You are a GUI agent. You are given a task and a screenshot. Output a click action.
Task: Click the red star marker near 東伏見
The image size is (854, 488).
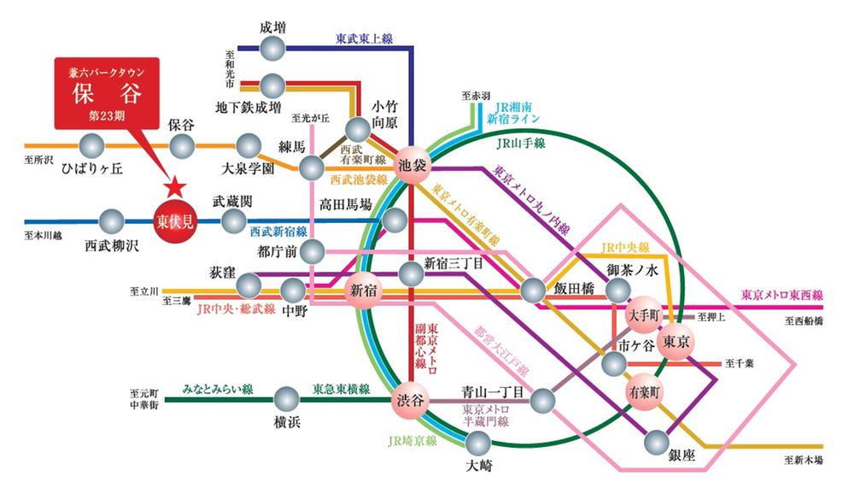[x=175, y=185]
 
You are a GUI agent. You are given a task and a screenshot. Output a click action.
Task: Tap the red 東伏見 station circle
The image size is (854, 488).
[x=174, y=221]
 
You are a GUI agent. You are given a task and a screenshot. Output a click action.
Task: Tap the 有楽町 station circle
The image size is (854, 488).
[x=643, y=392]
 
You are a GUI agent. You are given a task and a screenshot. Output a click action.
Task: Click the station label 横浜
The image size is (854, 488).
[x=286, y=421]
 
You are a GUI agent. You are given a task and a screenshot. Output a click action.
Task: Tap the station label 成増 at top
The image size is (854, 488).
[x=272, y=26]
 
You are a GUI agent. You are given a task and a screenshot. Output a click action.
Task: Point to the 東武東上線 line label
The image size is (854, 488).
[x=364, y=38]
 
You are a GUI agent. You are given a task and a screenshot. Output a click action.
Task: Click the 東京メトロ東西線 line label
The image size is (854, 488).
[x=781, y=295]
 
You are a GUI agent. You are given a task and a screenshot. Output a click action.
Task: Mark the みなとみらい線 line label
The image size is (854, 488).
[x=218, y=389]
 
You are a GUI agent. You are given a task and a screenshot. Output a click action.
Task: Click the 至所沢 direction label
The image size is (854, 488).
[x=40, y=160]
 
